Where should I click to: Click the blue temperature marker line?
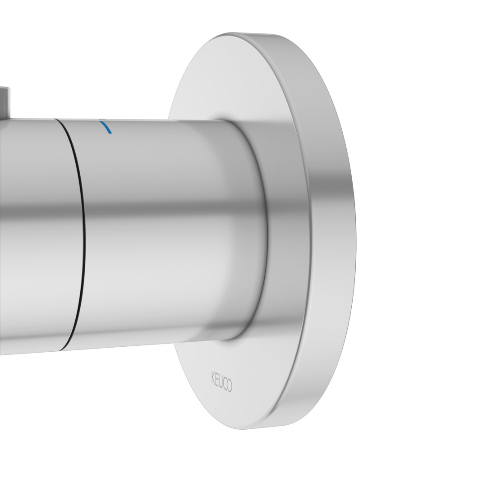106,126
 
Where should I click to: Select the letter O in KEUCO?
229,386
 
